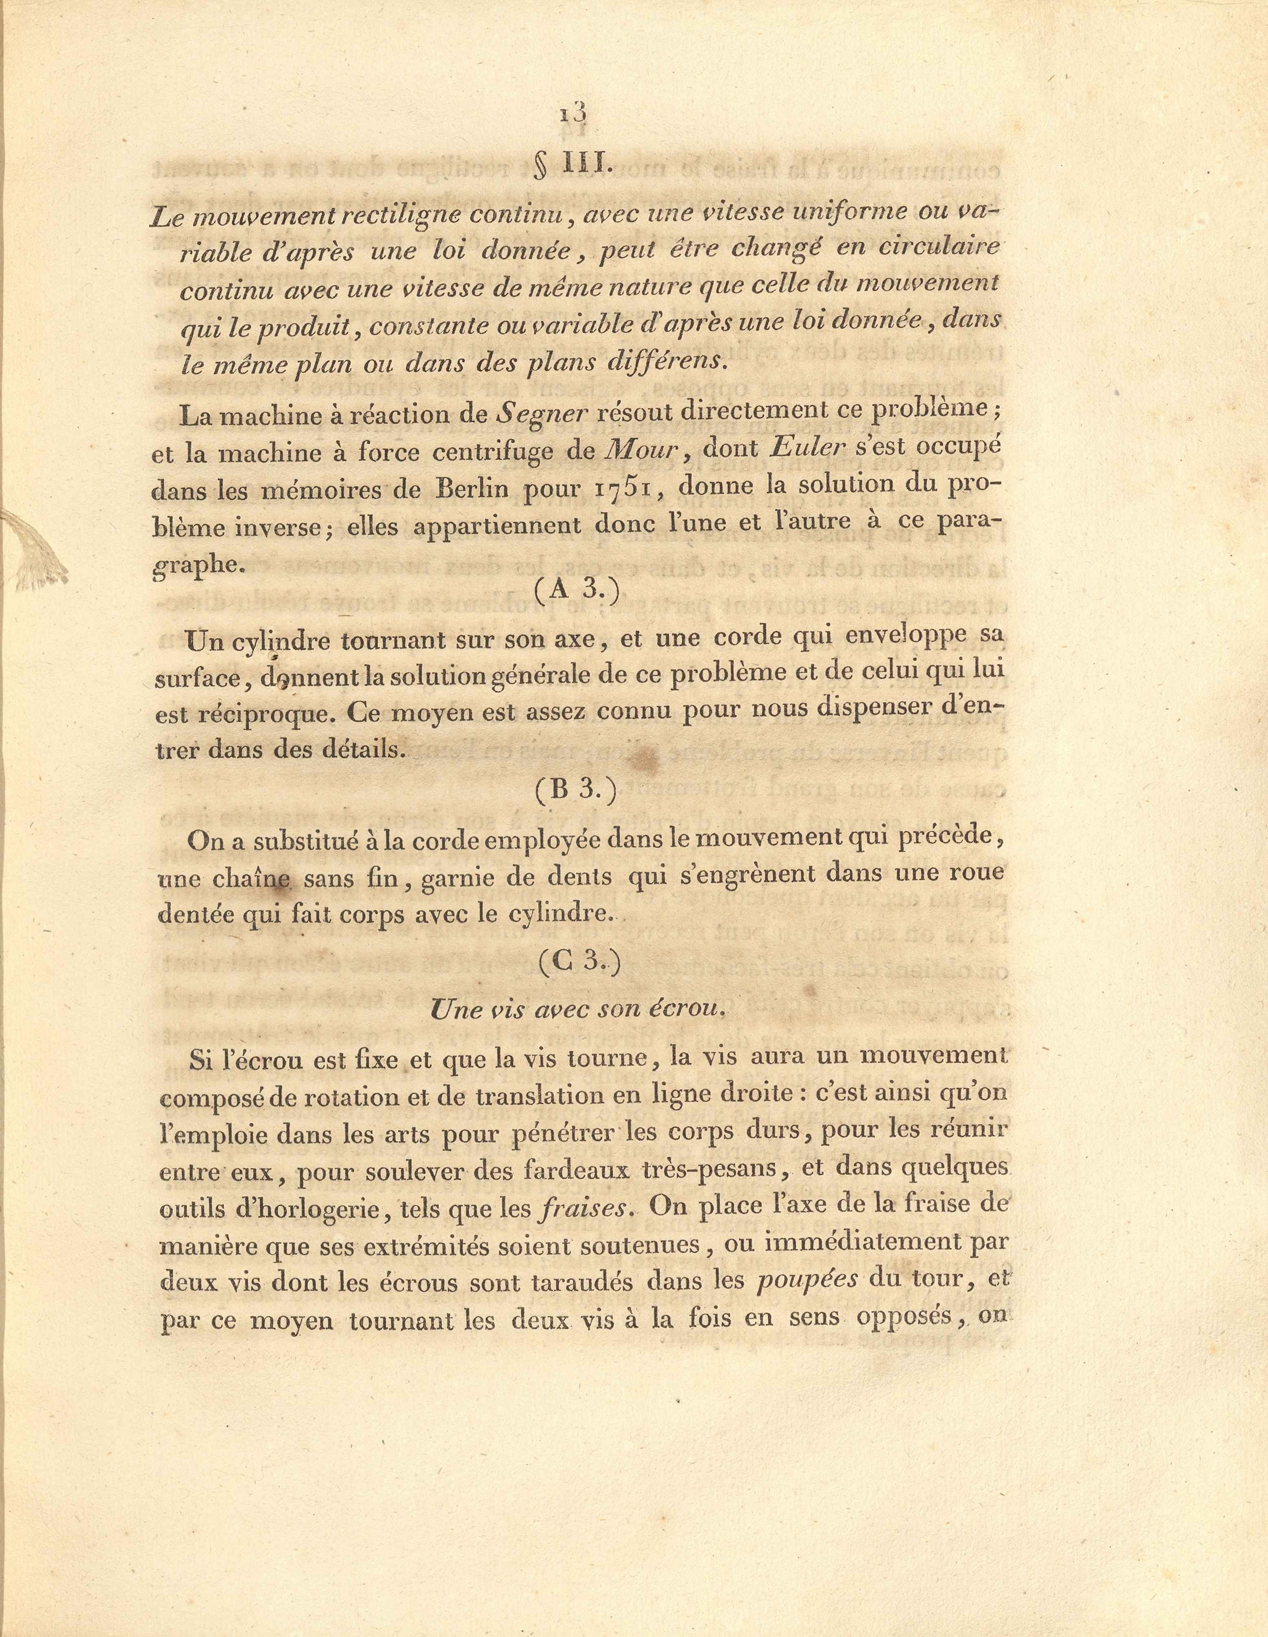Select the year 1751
coord(624,488)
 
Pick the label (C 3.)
coord(579,962)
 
